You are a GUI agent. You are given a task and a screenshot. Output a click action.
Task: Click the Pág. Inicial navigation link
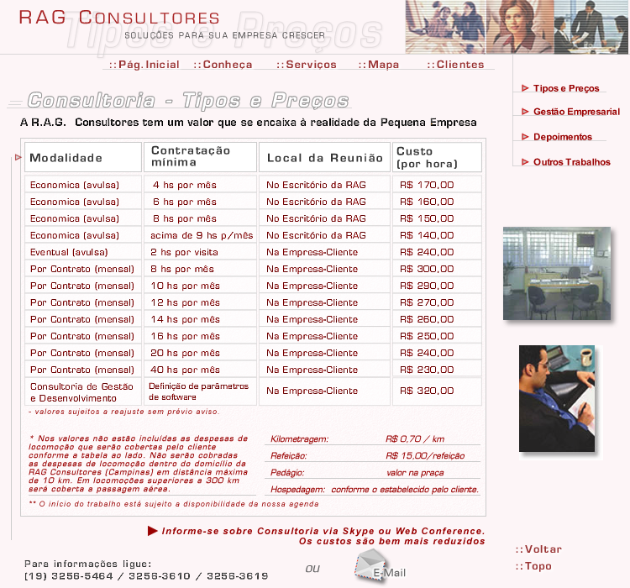(x=144, y=65)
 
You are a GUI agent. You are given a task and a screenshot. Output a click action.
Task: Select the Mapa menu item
(x=379, y=65)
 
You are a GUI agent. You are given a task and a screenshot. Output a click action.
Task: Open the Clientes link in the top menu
(x=455, y=65)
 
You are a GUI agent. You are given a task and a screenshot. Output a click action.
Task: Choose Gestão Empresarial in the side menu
(x=575, y=112)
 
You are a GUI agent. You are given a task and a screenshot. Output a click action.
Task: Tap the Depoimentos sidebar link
(x=562, y=137)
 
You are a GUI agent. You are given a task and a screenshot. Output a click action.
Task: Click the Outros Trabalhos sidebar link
(x=571, y=162)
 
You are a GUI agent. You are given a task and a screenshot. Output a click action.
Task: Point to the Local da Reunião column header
(x=324, y=158)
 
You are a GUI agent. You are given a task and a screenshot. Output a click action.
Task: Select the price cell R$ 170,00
(x=428, y=185)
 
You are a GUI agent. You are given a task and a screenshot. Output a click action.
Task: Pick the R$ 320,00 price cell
(x=428, y=391)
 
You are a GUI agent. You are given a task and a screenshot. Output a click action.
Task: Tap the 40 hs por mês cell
(x=185, y=370)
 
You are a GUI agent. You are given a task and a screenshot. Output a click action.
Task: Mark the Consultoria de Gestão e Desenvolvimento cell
(x=82, y=392)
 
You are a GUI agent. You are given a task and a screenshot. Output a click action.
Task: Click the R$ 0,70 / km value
(x=415, y=438)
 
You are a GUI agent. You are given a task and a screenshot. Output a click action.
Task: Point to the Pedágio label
(x=287, y=473)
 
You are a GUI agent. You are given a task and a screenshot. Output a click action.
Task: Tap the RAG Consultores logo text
(x=119, y=18)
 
